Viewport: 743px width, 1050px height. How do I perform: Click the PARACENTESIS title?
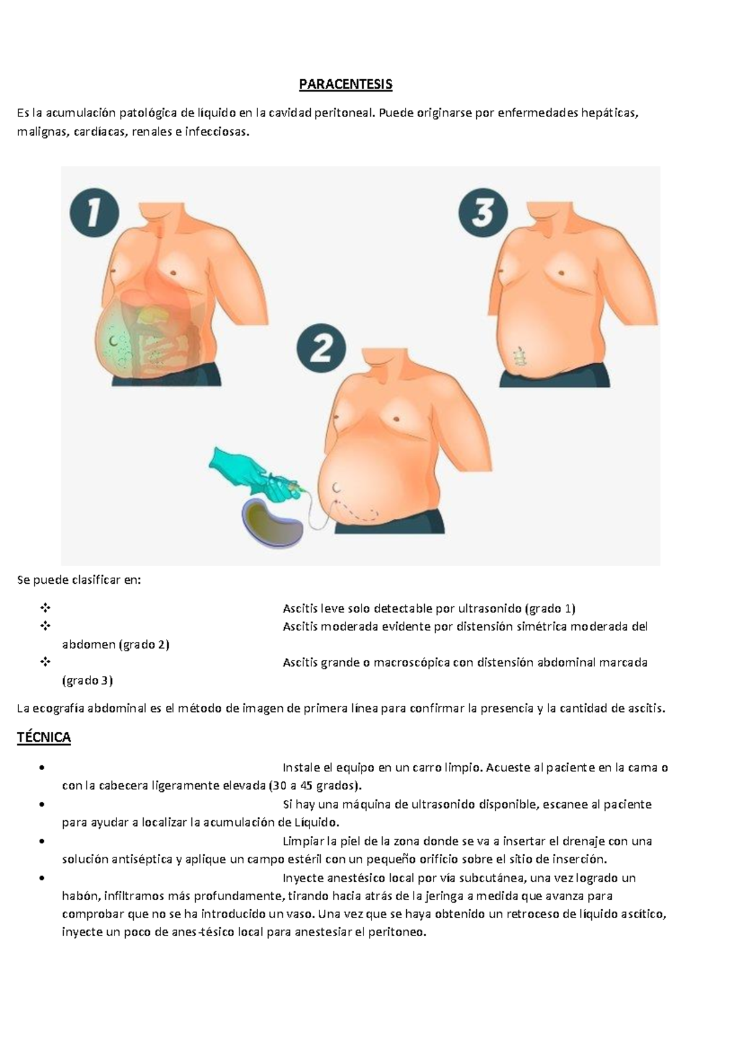[x=345, y=84]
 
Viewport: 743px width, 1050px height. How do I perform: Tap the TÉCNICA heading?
[x=44, y=737]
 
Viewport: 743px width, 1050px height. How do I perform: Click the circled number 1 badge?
[x=94, y=212]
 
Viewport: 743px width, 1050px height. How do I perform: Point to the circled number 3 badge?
[x=483, y=214]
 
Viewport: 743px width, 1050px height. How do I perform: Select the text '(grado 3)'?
[x=87, y=680]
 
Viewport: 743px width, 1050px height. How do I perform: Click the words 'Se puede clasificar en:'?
[x=79, y=580]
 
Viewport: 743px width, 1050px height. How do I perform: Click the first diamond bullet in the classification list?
[x=45, y=608]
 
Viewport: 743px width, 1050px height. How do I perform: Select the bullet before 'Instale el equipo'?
[x=41, y=768]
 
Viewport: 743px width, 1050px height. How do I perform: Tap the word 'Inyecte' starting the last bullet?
[x=303, y=878]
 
